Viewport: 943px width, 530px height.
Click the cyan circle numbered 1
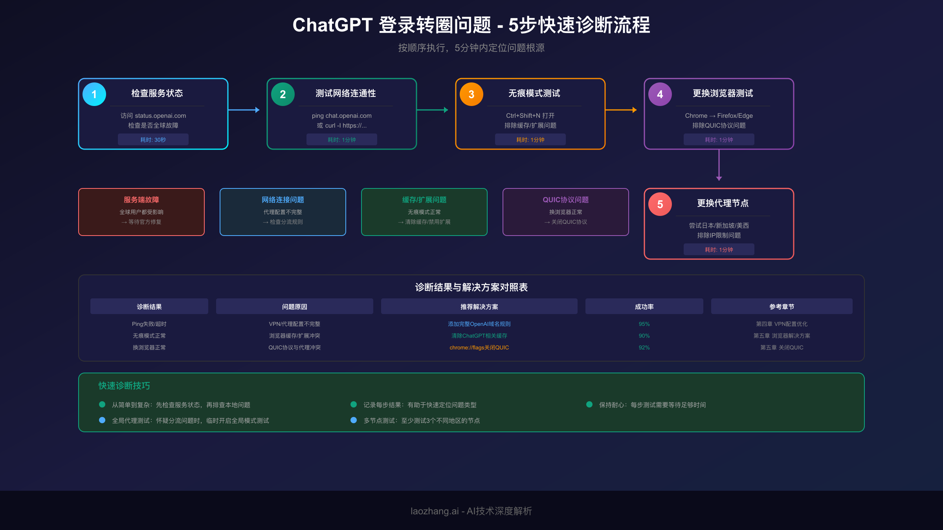pyautogui.click(x=94, y=94)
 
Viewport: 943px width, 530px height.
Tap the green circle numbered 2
pyautogui.click(x=283, y=94)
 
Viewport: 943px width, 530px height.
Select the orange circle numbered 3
pyautogui.click(x=472, y=94)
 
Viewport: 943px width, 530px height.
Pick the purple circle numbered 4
pyautogui.click(x=660, y=94)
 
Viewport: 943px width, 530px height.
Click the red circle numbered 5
pyautogui.click(x=660, y=204)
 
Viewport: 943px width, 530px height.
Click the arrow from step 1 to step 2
pyautogui.click(x=244, y=110)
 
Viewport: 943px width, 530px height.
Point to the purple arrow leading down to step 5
pyautogui.click(x=719, y=165)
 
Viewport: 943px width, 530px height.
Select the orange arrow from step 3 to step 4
pyautogui.click(x=621, y=110)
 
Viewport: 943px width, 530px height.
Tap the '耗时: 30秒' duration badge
pyautogui.click(x=153, y=140)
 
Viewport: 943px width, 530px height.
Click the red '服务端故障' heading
pyautogui.click(x=141, y=200)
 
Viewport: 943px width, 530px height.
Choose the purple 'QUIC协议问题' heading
pyautogui.click(x=566, y=200)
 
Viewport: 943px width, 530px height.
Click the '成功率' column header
pyautogui.click(x=644, y=307)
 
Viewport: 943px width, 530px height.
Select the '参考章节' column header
pyautogui.click(x=782, y=307)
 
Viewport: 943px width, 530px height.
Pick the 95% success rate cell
pyautogui.click(x=644, y=324)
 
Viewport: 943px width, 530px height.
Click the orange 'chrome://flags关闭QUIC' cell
pyautogui.click(x=479, y=347)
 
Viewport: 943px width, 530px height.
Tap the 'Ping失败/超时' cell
pyautogui.click(x=149, y=324)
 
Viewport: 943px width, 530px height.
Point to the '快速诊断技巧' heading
pyautogui.click(x=124, y=386)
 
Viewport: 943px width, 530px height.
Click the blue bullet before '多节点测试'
pyautogui.click(x=354, y=420)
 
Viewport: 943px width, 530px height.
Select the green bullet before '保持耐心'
pyautogui.click(x=589, y=404)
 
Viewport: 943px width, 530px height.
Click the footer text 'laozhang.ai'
pyautogui.click(x=435, y=511)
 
